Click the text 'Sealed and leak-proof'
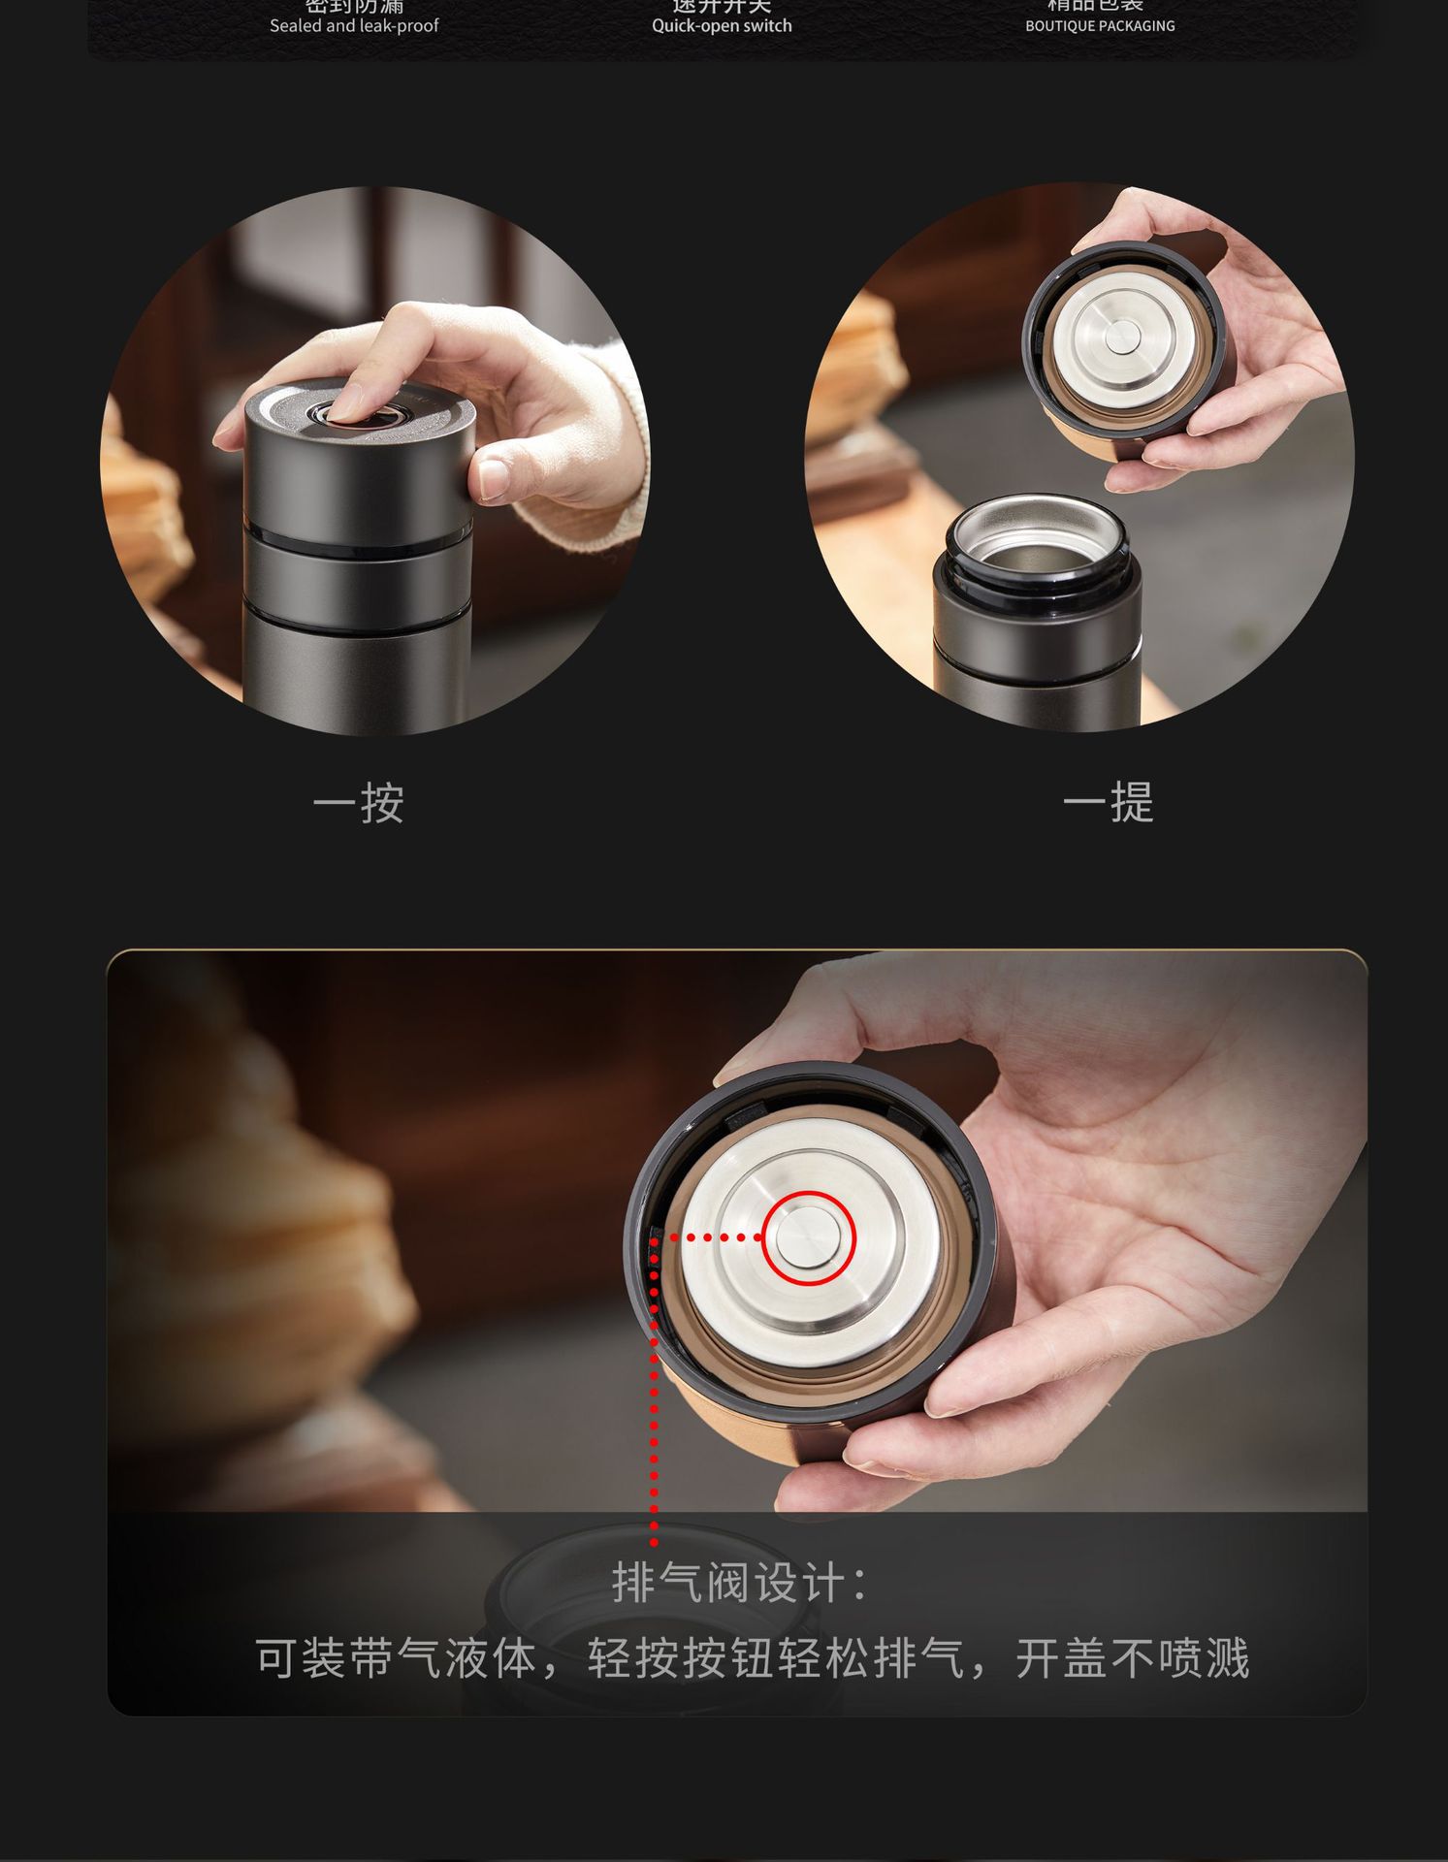354,26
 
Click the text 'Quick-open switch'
722,26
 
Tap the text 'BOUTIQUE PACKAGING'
1100,26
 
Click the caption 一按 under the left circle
358,803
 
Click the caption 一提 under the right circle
1108,803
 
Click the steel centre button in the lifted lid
1124,336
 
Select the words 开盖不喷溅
1132,1658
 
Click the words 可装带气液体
396,1658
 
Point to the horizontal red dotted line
716,1237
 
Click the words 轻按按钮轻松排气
776,1658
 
